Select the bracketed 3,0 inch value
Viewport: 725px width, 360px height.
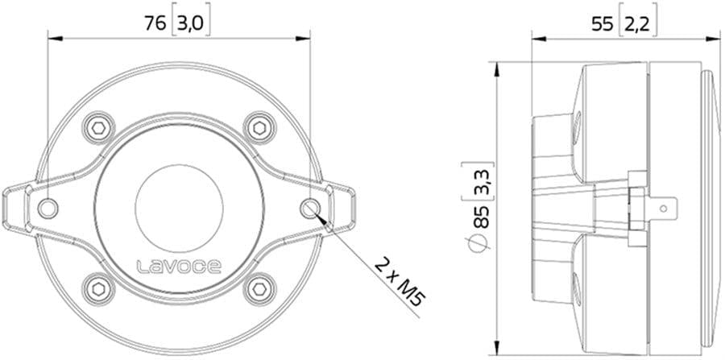tap(191, 24)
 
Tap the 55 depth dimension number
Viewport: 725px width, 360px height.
tap(602, 24)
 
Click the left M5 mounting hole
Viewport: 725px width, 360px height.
tap(48, 207)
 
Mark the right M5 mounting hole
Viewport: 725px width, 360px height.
tap(310, 207)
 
